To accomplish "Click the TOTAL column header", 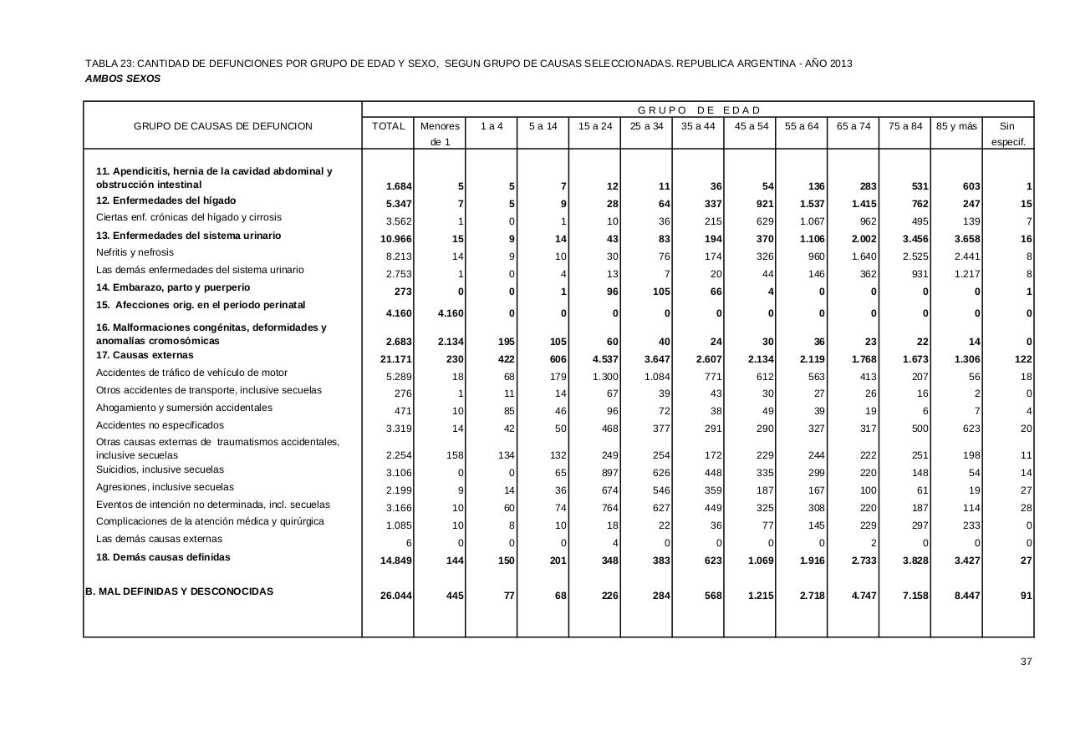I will coord(388,126).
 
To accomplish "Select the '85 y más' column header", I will coord(956,126).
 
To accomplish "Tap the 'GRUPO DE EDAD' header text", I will coord(699,110).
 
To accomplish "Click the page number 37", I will coord(1026,662).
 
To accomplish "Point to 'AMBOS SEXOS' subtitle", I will coord(123,79).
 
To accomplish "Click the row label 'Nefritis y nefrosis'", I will coord(135,252).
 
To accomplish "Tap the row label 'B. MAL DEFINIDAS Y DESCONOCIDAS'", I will coord(179,591).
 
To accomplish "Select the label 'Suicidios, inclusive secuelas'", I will coord(160,469).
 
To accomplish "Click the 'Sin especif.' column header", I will coord(1007,134).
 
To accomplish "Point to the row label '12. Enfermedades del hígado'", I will coord(166,200).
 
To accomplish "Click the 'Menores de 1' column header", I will coord(440,134).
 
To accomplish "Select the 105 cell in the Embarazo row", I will coord(661,292).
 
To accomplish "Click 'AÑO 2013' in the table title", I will coord(828,63).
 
